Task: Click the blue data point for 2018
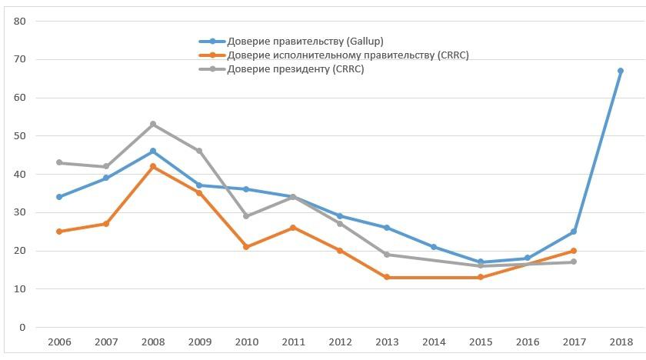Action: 620,71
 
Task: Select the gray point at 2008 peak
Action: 153,124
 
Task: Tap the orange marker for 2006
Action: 59,232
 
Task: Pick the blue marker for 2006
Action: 59,197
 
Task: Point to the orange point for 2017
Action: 573,251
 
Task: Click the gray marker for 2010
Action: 246,216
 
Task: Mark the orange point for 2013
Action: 386,277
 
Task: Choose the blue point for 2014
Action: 433,247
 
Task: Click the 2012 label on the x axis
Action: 339,341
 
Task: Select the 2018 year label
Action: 620,341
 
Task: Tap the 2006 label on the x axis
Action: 59,341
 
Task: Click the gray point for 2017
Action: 573,262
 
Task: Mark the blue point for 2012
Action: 339,216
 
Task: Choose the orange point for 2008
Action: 153,166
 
